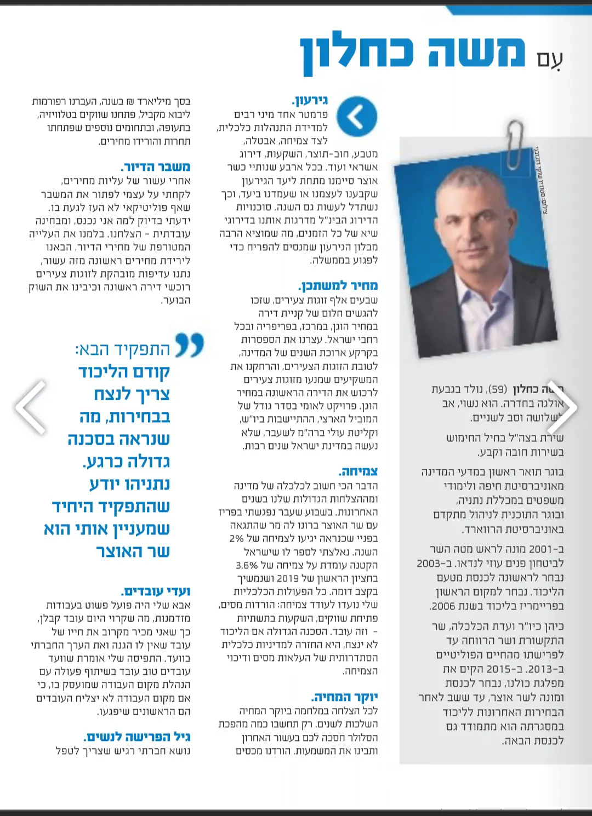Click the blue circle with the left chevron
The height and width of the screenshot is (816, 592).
(x=357, y=116)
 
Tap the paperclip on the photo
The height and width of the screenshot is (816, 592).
(x=515, y=145)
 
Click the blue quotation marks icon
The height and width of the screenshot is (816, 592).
(x=190, y=345)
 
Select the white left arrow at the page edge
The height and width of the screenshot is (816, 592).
(x=31, y=407)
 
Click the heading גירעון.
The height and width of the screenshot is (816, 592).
(x=310, y=100)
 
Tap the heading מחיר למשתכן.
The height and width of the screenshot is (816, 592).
(x=338, y=286)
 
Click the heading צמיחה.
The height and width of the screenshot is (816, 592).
(x=358, y=472)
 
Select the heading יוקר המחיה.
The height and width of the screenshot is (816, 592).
(x=345, y=697)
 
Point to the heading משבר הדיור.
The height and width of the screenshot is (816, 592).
(x=155, y=167)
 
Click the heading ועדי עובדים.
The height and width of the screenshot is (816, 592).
(x=156, y=591)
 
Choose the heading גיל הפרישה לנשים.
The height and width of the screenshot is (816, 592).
(x=137, y=737)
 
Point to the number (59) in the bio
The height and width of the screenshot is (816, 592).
(x=497, y=389)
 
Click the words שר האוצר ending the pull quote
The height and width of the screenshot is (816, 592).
(x=133, y=551)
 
